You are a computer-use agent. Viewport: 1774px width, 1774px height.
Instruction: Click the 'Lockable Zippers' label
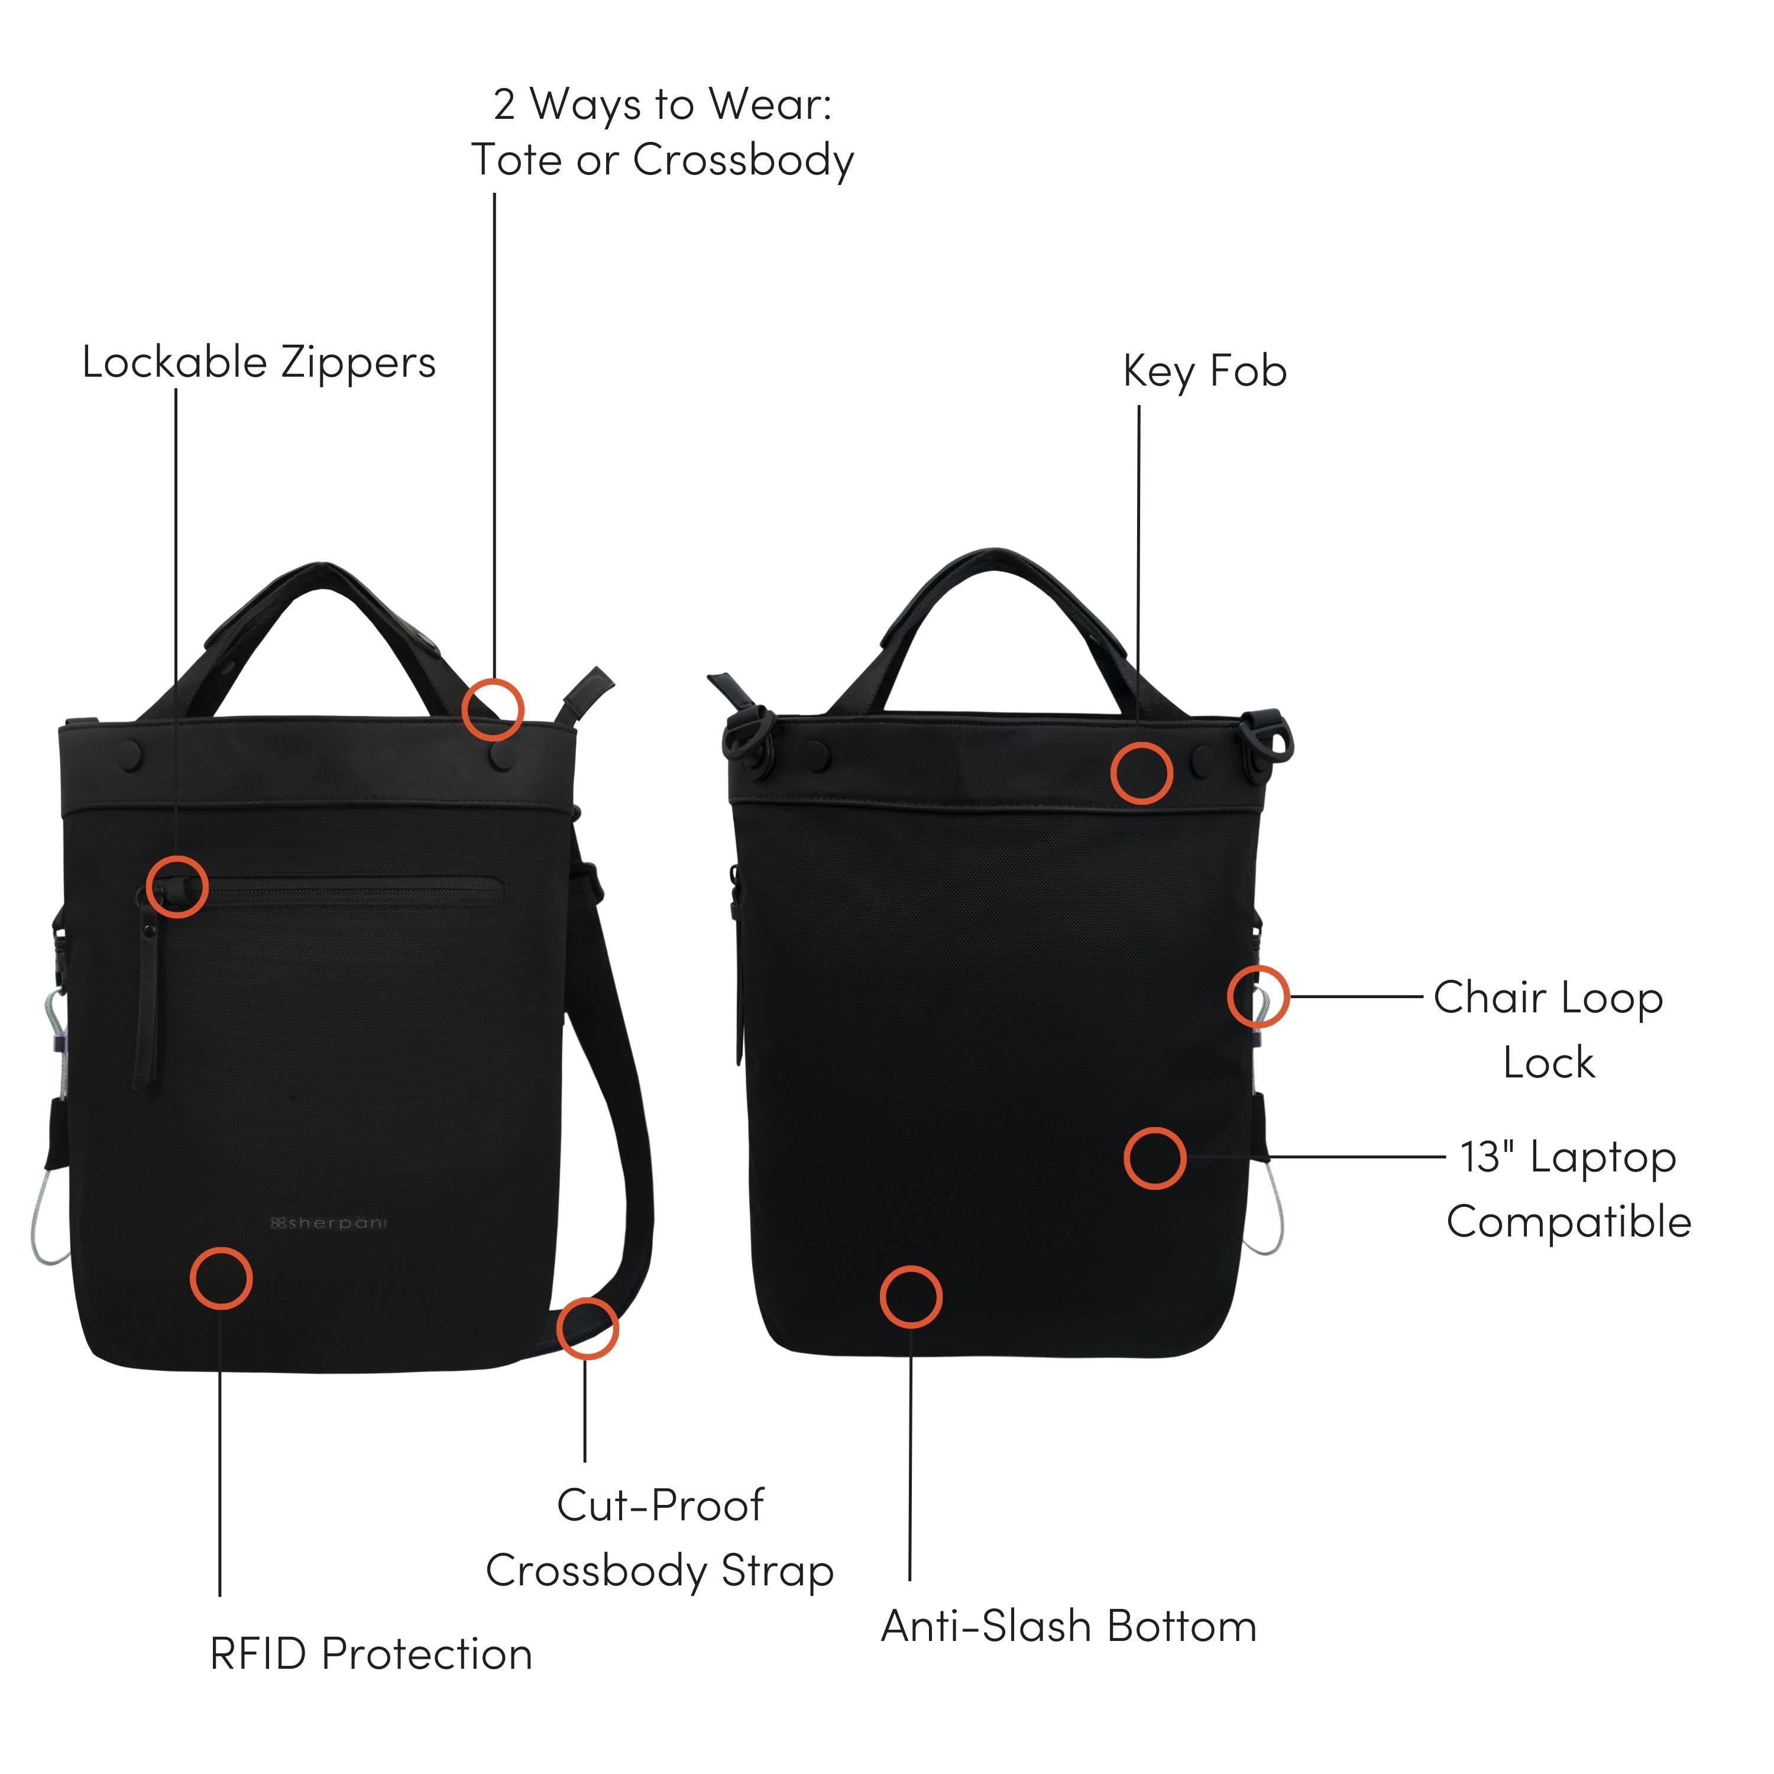tap(259, 362)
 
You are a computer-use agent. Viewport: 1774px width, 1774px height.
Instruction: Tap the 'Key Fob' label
tap(1205, 371)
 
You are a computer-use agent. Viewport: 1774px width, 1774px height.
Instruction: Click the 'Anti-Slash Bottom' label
tap(1069, 1626)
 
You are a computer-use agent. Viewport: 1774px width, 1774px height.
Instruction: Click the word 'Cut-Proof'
tap(660, 1505)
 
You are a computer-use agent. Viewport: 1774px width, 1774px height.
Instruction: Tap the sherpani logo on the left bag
tap(329, 1223)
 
